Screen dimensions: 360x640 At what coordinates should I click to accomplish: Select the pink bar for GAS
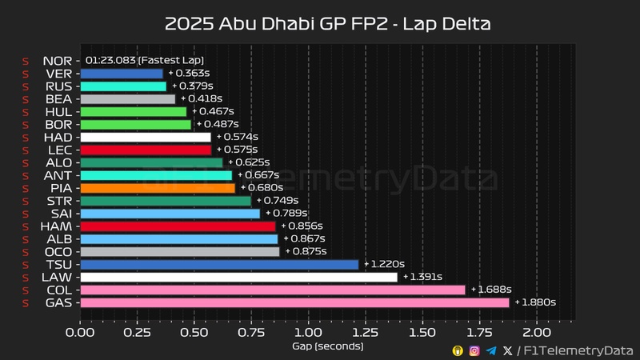(294, 302)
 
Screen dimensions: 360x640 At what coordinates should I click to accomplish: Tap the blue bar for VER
(122, 74)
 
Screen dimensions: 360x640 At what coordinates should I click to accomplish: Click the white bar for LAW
(238, 277)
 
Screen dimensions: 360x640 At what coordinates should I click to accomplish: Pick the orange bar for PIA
(158, 188)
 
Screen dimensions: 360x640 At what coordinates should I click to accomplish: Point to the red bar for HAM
(178, 226)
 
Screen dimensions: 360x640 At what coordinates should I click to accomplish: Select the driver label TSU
(60, 264)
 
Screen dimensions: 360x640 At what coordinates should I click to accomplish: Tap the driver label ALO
(60, 162)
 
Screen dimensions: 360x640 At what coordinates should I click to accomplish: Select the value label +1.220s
(385, 264)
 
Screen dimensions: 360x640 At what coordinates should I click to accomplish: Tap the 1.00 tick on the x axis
(308, 331)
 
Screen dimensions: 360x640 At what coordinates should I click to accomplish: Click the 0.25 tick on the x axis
(137, 331)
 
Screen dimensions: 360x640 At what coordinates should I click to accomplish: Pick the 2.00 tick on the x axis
(536, 331)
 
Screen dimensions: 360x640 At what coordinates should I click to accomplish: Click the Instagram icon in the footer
(474, 350)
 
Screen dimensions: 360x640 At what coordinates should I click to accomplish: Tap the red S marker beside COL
(26, 290)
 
